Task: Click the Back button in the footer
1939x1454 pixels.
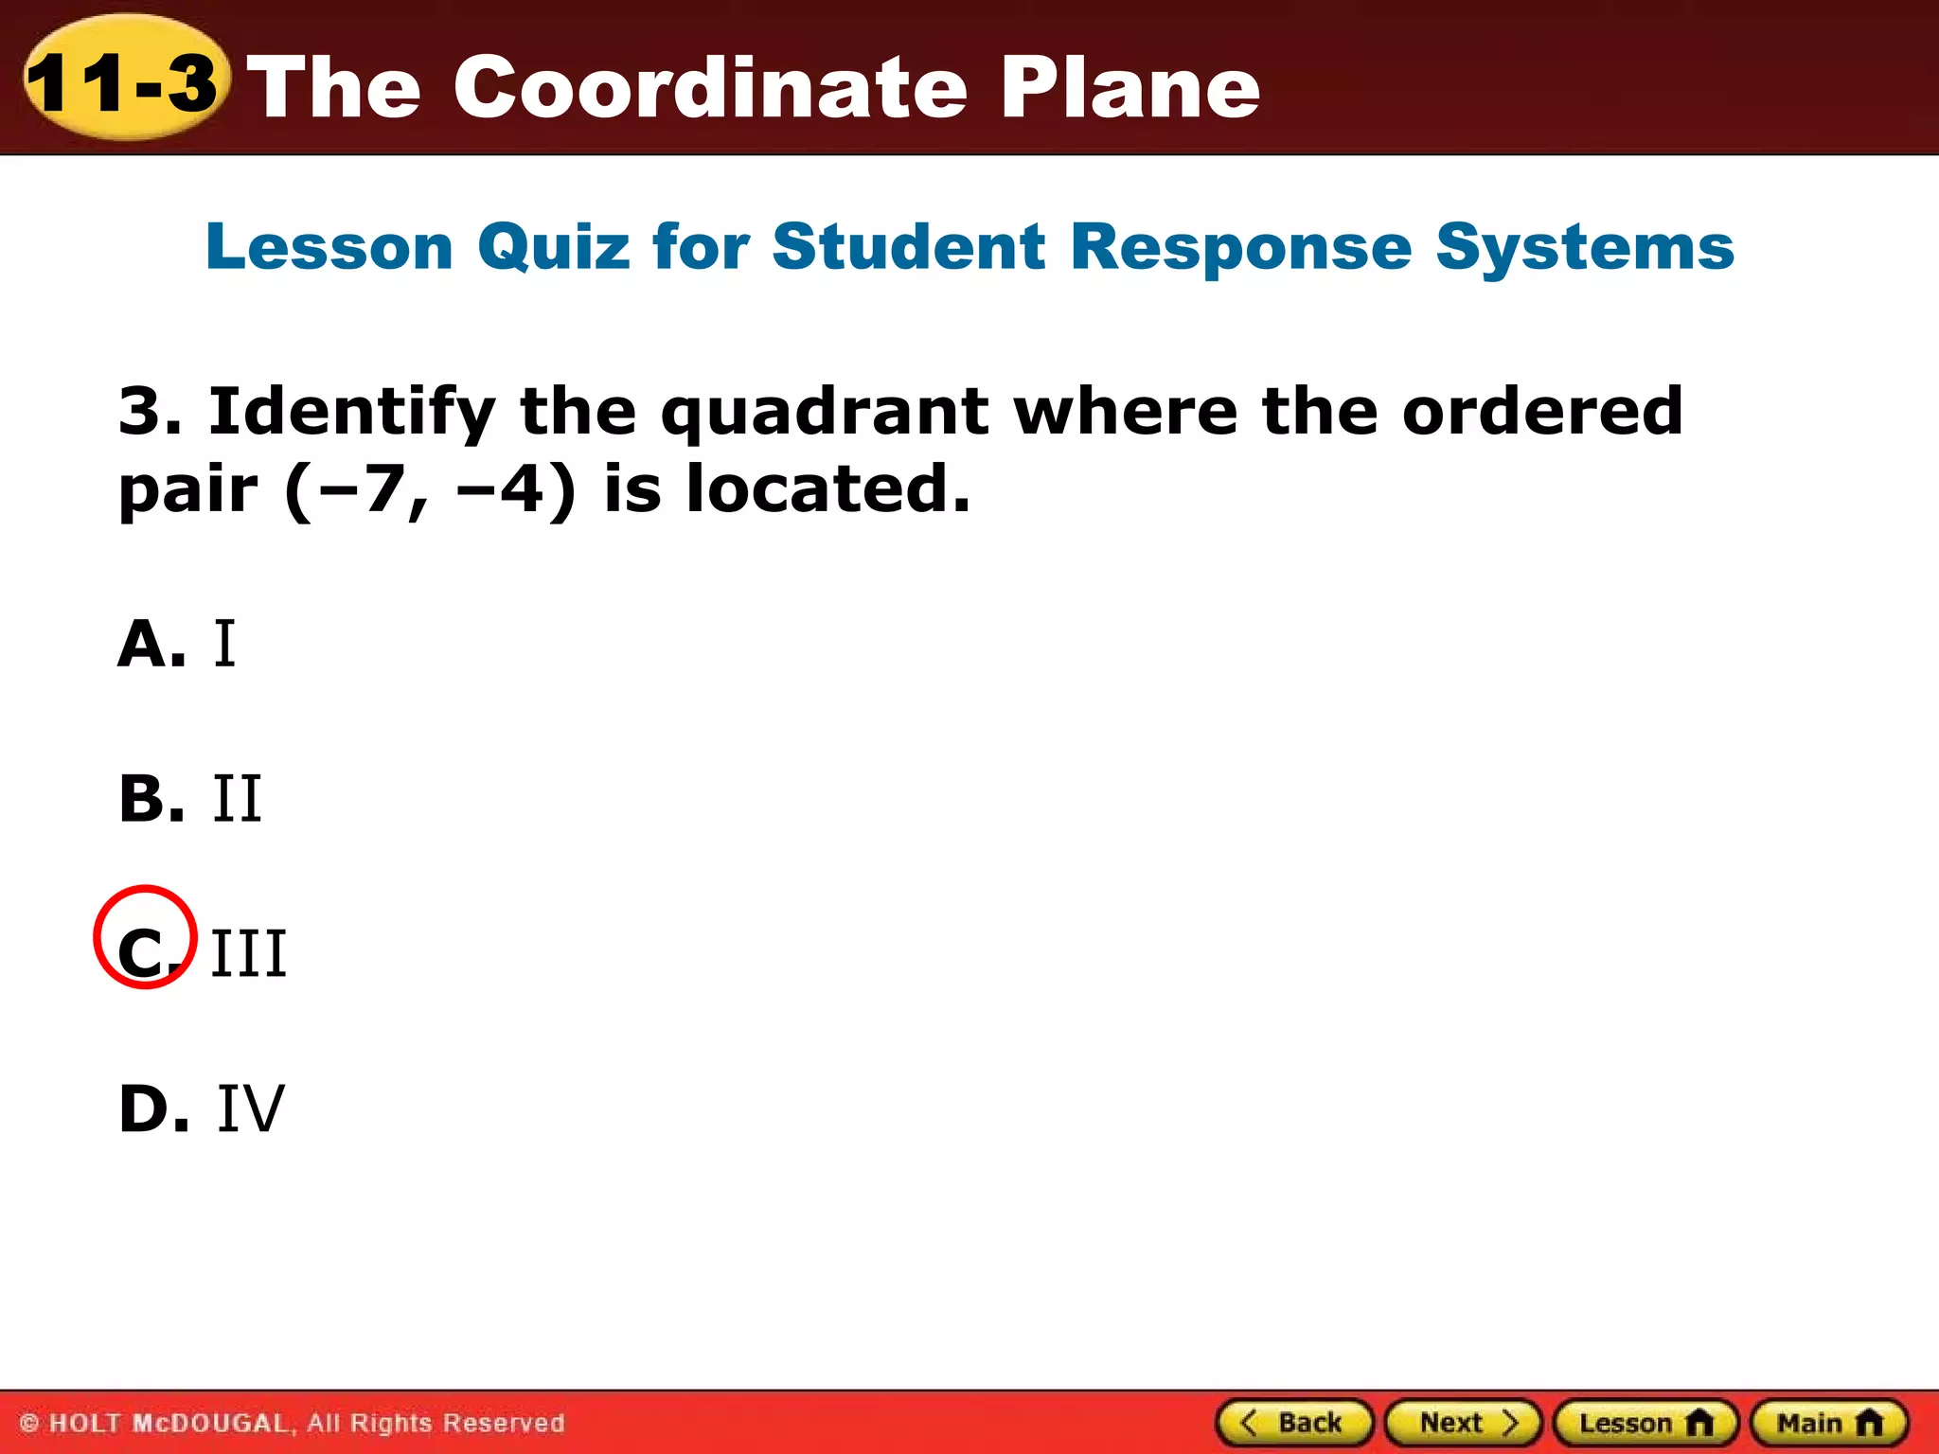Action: coord(1293,1423)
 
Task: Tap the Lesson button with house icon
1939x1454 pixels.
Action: coord(1645,1423)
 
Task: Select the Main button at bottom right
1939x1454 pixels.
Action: coord(1829,1423)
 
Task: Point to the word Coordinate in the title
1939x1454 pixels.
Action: coord(710,87)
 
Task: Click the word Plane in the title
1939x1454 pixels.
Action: coord(1130,87)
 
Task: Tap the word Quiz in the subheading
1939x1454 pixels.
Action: coord(554,247)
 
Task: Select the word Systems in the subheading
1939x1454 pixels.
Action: coord(1584,247)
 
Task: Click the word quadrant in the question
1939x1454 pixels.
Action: coord(825,413)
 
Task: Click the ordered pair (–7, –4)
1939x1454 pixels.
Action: coord(430,490)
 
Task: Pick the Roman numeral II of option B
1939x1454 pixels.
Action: coord(237,799)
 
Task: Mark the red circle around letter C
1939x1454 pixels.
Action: coord(145,937)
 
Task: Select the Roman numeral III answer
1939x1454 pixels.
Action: coord(248,953)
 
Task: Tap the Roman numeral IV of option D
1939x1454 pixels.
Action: coord(251,1108)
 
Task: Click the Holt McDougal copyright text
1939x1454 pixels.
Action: coord(293,1423)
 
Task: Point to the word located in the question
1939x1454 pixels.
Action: coord(828,489)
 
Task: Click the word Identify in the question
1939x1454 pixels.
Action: coord(351,413)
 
